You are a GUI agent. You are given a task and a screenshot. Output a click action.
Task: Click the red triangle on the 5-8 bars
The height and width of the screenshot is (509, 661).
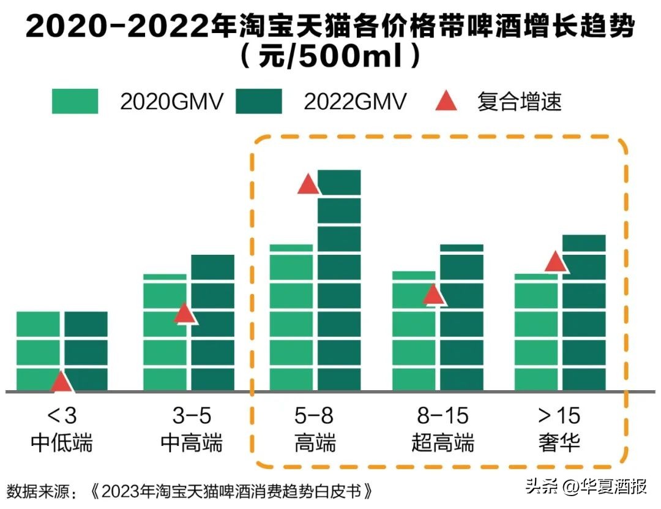tap(308, 184)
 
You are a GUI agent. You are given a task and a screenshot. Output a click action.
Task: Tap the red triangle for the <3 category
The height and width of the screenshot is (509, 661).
tap(61, 382)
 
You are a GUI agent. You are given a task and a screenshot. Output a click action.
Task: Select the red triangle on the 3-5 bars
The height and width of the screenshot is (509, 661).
tap(184, 313)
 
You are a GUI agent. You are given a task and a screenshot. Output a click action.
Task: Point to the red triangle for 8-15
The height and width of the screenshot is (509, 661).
tap(434, 295)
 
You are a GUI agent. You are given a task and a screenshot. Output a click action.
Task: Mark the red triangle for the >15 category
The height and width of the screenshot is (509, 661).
tap(556, 262)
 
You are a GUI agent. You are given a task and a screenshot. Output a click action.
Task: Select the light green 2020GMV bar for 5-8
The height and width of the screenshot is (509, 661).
tap(291, 319)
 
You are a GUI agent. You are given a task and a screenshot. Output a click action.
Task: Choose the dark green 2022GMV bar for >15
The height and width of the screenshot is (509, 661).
tap(584, 312)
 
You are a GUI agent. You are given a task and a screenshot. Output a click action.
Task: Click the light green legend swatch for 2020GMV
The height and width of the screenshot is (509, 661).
tap(75, 101)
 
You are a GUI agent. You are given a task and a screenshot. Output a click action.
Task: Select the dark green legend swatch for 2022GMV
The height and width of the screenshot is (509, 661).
tap(258, 101)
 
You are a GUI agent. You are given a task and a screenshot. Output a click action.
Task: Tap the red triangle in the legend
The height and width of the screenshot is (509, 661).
tap(446, 101)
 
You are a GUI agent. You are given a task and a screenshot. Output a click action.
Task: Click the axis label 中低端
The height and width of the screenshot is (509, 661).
tap(61, 442)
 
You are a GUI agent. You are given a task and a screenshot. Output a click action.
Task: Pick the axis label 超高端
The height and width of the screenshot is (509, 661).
tap(443, 442)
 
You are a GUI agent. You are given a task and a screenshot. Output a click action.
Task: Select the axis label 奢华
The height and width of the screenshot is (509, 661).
tap(559, 442)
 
